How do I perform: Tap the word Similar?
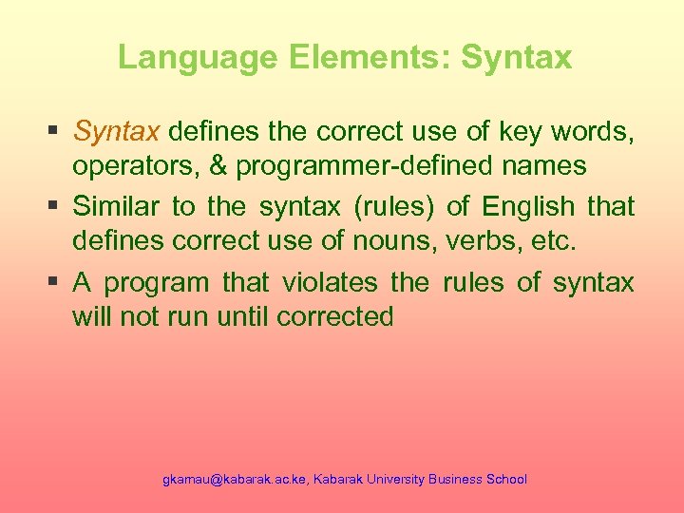tap(115, 206)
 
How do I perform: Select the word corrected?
tap(334, 316)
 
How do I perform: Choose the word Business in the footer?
tap(455, 480)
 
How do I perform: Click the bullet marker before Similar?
tap(55, 206)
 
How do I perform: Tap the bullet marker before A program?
tap(55, 282)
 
